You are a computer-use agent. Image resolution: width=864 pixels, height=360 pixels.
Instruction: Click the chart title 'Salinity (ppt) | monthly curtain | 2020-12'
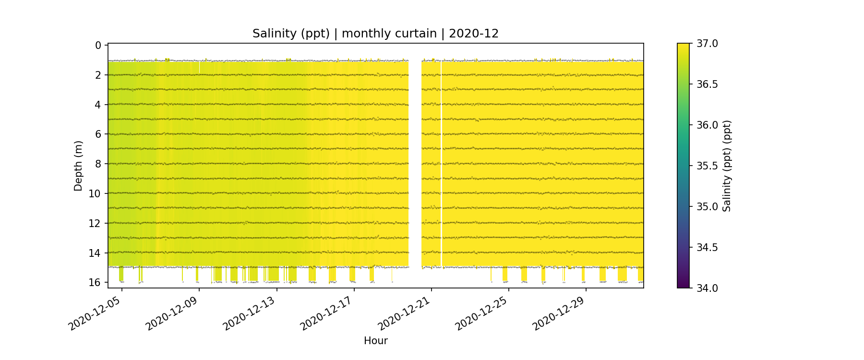tap(375, 34)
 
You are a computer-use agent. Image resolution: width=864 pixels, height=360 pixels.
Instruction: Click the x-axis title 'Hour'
tap(375, 341)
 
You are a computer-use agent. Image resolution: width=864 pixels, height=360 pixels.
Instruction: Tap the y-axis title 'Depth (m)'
tap(78, 166)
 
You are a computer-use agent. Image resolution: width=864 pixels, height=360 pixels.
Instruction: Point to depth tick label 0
tap(98, 46)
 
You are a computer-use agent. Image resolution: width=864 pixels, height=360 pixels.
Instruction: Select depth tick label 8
tap(98, 164)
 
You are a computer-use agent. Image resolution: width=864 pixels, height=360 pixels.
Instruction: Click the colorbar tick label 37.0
tap(707, 44)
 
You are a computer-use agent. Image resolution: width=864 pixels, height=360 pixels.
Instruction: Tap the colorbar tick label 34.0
tap(707, 288)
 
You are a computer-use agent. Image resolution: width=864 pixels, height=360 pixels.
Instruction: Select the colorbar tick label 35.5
tap(707, 166)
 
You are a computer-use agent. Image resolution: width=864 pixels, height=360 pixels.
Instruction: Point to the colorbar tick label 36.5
tap(707, 84)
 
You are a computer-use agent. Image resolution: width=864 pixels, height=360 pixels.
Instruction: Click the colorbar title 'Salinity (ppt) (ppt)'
tap(727, 166)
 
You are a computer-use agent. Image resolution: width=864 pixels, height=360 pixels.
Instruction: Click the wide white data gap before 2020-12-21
tap(415, 163)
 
